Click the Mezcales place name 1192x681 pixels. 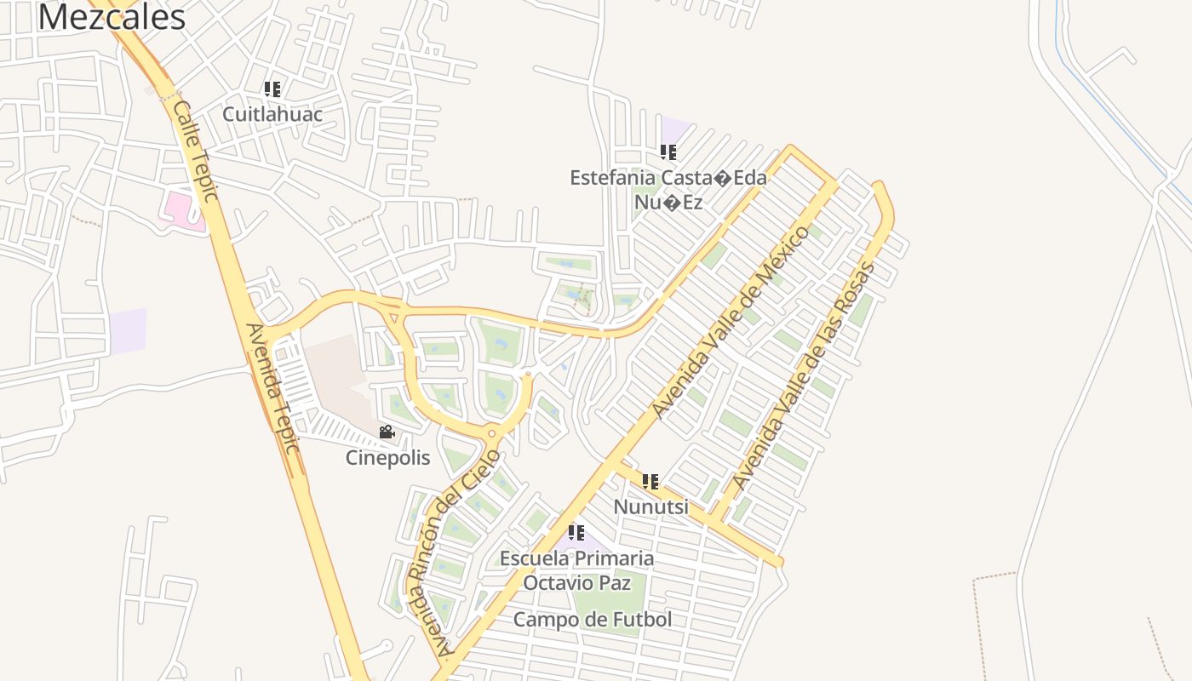[x=112, y=17]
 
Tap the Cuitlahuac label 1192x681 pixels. [x=272, y=113]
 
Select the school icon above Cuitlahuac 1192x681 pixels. [x=272, y=89]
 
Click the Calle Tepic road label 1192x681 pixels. [x=196, y=150]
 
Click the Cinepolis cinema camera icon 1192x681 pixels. [x=387, y=432]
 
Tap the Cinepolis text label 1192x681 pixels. [x=387, y=458]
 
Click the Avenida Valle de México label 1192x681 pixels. [x=730, y=322]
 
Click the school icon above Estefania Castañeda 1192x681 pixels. [x=668, y=152]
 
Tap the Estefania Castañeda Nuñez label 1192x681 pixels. [x=668, y=189]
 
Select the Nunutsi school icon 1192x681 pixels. [x=651, y=482]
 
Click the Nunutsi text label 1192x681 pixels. [x=651, y=507]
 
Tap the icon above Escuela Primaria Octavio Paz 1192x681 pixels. [x=576, y=533]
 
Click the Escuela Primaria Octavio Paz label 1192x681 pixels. [x=576, y=570]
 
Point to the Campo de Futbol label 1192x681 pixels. [x=593, y=620]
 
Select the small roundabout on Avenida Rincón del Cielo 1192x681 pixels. [x=491, y=433]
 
